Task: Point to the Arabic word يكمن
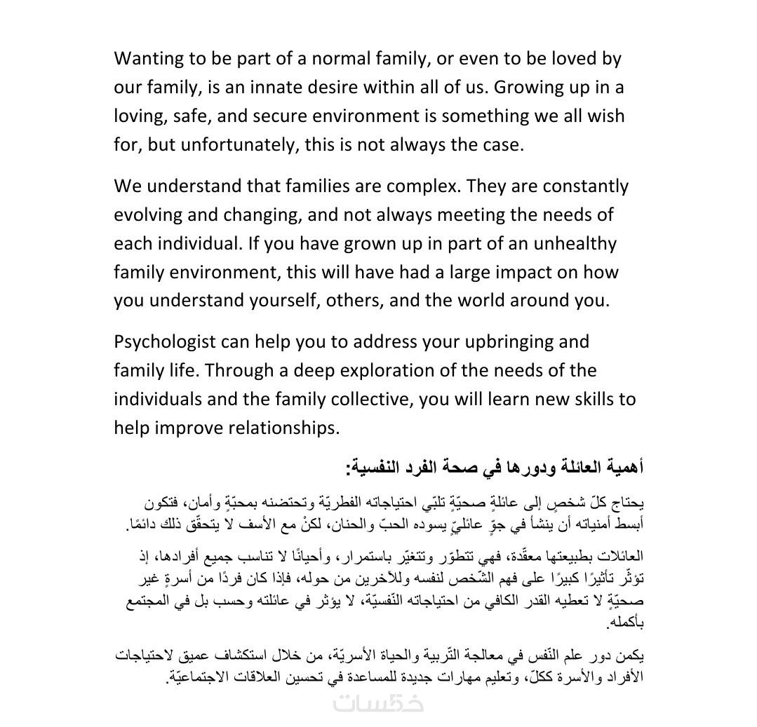[x=631, y=656]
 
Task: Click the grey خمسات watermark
[x=379, y=703]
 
